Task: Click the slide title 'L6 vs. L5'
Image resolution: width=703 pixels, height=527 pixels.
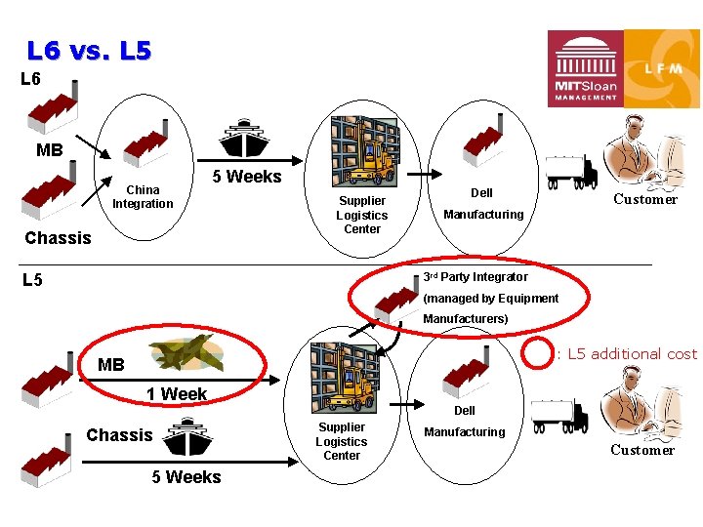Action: (89, 50)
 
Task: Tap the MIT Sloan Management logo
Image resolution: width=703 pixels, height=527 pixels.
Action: (585, 68)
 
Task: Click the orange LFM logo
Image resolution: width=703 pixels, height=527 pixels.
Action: (662, 68)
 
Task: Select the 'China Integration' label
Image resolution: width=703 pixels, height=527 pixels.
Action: (143, 197)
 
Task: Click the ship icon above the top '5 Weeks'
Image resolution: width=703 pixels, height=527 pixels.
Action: (245, 140)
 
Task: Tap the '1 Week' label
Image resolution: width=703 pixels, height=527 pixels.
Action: (177, 394)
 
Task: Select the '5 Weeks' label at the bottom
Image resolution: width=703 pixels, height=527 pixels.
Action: (186, 477)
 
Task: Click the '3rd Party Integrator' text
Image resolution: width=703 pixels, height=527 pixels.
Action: (476, 277)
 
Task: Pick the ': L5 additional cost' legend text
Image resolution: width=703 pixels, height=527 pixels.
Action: (627, 353)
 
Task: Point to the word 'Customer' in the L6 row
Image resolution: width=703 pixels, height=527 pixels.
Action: (644, 199)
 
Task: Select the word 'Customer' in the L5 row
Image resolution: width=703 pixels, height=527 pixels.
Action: (642, 450)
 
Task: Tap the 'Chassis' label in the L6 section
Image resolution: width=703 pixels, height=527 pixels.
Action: (58, 238)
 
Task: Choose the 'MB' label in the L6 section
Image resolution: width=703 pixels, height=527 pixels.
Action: (49, 150)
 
